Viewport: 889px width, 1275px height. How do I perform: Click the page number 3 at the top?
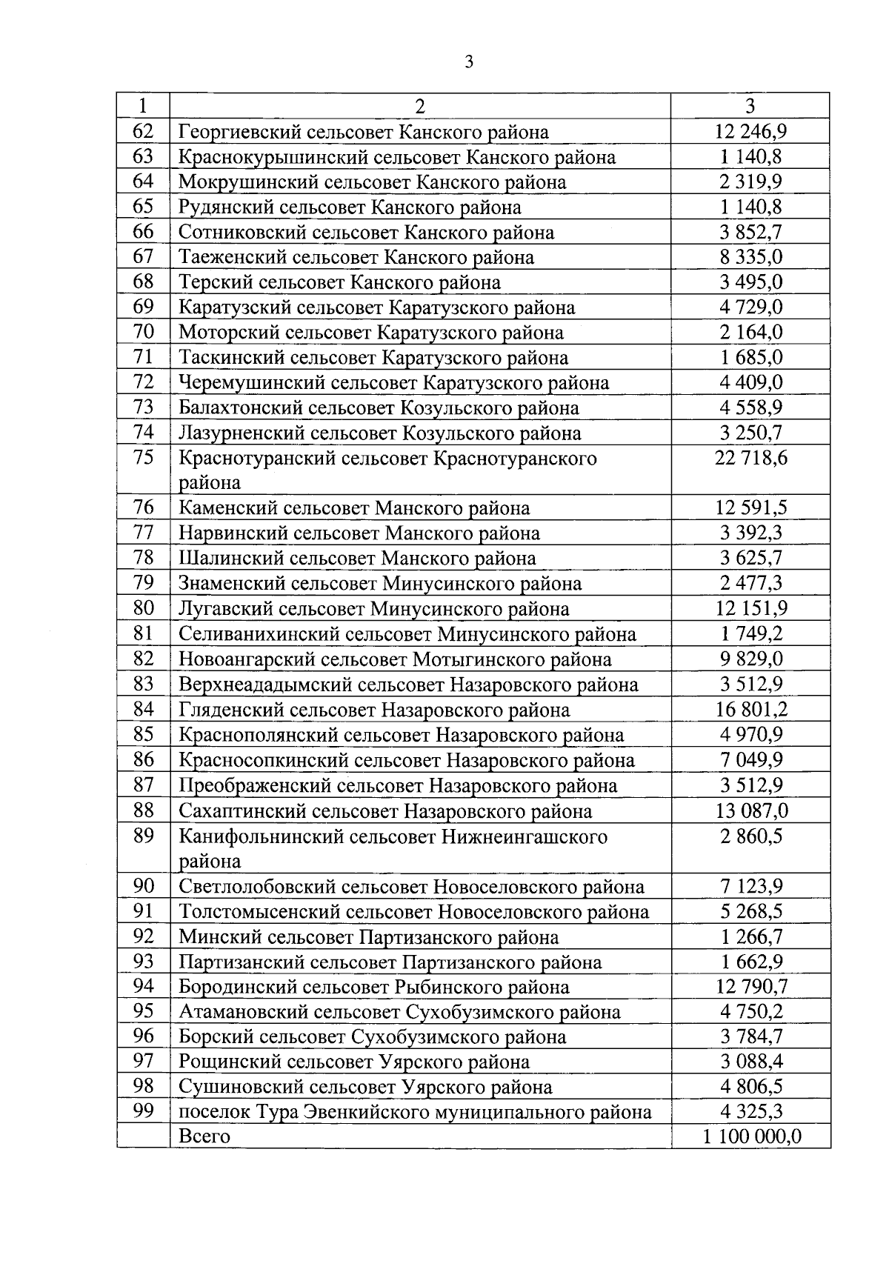click(x=468, y=62)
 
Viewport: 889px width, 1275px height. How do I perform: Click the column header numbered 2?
click(x=420, y=106)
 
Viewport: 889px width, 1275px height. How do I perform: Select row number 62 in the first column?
click(x=142, y=131)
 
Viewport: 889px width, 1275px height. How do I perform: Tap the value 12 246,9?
click(x=750, y=132)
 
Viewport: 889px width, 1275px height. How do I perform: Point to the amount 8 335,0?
click(x=750, y=257)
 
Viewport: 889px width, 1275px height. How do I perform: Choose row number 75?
click(x=142, y=457)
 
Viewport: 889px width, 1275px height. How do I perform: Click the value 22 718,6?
click(x=750, y=458)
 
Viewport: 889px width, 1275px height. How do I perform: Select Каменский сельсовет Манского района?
click(x=354, y=508)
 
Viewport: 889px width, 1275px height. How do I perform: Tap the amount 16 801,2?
click(x=750, y=710)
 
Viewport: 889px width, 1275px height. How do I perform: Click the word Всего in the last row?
click(x=204, y=1136)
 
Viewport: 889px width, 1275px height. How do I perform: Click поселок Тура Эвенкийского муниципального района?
click(x=415, y=1112)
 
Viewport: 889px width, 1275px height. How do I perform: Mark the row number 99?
click(x=142, y=1111)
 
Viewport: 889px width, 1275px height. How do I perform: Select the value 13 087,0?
click(x=750, y=810)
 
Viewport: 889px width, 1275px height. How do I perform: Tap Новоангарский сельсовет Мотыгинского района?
click(x=395, y=659)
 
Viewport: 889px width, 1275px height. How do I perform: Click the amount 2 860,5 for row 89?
click(x=750, y=836)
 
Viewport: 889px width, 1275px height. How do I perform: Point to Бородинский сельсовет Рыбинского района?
click(x=373, y=988)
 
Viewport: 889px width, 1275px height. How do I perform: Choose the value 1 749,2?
click(x=750, y=634)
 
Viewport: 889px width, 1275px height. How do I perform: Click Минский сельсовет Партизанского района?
click(x=368, y=937)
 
